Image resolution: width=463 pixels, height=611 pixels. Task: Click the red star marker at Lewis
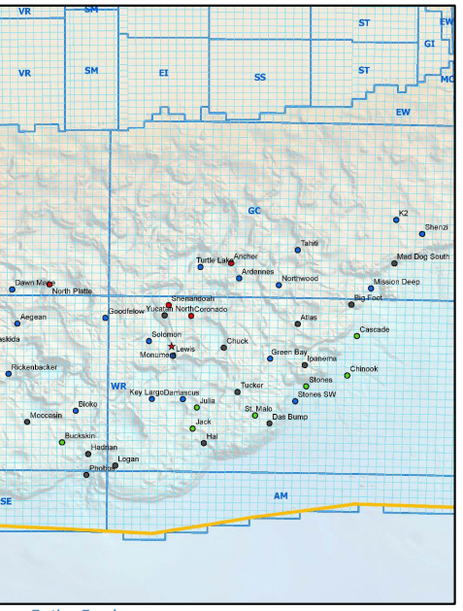172,346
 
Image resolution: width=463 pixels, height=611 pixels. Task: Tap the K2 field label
404,213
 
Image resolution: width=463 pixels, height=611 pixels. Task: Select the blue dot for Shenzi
422,234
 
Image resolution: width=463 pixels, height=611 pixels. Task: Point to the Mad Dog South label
422,256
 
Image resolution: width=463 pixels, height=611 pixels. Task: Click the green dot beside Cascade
356,336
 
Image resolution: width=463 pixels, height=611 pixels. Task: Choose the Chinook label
364,369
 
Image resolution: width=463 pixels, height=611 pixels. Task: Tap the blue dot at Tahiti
298,250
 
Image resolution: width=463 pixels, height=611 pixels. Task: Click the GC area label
254,211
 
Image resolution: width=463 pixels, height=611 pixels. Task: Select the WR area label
118,387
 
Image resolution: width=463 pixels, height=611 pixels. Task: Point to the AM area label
281,496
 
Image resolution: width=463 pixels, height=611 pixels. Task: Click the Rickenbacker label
35,368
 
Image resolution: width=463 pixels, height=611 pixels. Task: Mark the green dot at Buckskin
62,442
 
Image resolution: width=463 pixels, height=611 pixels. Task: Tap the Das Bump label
289,417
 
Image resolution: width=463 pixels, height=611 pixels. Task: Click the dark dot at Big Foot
351,305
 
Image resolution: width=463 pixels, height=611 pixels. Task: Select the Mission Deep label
396,282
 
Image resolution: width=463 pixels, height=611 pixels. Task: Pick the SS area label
259,77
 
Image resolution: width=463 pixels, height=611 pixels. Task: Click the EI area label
163,73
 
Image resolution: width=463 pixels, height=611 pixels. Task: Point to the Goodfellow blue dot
106,318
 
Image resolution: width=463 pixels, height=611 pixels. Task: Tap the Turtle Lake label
214,260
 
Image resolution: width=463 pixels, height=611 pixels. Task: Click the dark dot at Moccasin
27,422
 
